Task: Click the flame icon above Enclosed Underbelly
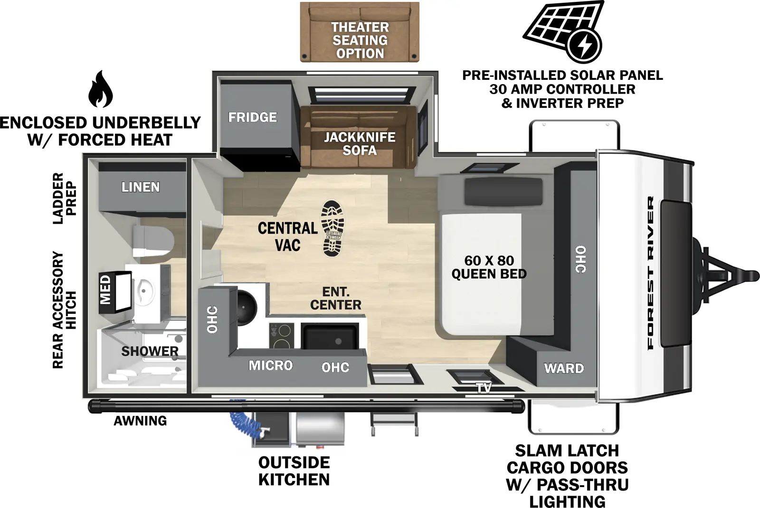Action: click(100, 89)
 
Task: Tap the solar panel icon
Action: click(563, 31)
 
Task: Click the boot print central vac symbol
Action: click(332, 228)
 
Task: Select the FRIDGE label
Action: click(252, 117)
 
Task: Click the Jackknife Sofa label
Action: click(359, 144)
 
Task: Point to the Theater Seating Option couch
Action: click(360, 32)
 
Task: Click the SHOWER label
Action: click(150, 351)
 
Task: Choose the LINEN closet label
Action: click(140, 187)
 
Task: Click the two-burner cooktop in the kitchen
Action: click(281, 335)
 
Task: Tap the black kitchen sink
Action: click(330, 336)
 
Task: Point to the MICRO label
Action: click(271, 366)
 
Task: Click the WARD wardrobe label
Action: click(564, 368)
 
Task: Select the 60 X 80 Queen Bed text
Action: click(489, 267)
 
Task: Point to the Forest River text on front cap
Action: click(650, 273)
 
